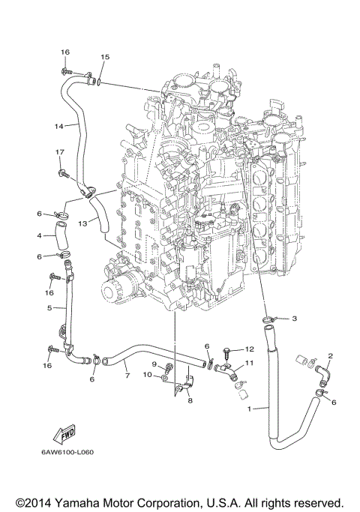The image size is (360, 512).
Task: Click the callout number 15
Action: (104, 57)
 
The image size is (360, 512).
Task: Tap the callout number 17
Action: (58, 152)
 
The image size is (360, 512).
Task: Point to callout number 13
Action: (84, 223)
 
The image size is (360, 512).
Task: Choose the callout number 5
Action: (49, 307)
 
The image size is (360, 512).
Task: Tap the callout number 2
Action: (330, 356)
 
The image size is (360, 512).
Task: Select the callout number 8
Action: (190, 401)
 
